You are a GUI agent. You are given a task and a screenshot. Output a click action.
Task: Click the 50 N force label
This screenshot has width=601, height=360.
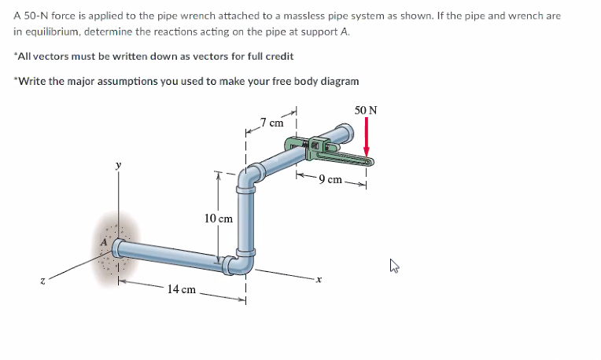pyautogui.click(x=366, y=110)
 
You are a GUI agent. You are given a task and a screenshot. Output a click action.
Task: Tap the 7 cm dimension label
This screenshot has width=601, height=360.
pyautogui.click(x=273, y=123)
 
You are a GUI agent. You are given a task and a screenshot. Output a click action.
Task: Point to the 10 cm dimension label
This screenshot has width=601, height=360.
pyautogui.click(x=218, y=218)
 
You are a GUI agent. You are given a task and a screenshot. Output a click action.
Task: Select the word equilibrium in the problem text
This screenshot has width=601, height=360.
pyautogui.click(x=53, y=31)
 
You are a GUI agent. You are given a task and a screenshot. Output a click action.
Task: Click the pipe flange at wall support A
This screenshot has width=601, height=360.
pyautogui.click(x=117, y=249)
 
